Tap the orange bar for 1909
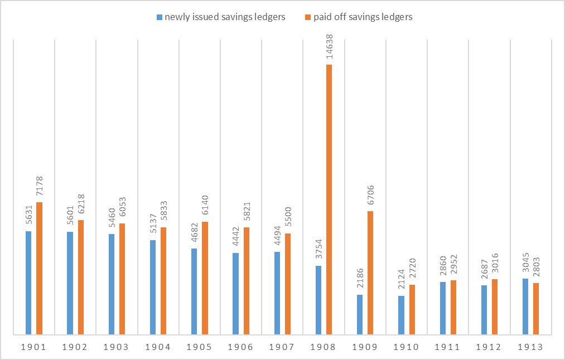pyautogui.click(x=370, y=273)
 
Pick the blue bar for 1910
pyautogui.click(x=401, y=315)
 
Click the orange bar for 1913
pyautogui.click(x=536, y=309)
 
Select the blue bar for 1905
pyautogui.click(x=194, y=291)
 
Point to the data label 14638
pyautogui.click(x=329, y=45)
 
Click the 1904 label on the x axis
pyautogui.click(x=158, y=347)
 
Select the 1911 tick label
pyautogui.click(x=448, y=347)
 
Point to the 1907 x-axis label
pyautogui.click(x=282, y=347)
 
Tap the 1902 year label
pyautogui.click(x=75, y=347)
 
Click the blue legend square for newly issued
pyautogui.click(x=160, y=17)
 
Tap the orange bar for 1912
pyautogui.click(x=495, y=307)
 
